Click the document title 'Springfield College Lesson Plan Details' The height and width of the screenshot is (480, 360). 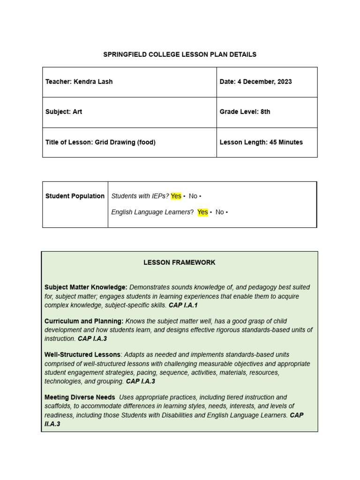(180, 54)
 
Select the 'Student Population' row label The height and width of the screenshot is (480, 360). (75, 196)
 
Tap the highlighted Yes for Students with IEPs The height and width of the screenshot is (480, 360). (176, 196)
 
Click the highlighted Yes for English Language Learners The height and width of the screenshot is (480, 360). (202, 212)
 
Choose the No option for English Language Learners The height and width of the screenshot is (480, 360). (219, 212)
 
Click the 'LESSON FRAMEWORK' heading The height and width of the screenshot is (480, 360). (180, 262)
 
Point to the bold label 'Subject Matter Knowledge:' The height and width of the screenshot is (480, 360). (86, 287)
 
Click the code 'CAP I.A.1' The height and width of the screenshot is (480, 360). (183, 305)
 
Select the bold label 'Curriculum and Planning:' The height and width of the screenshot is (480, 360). (84, 321)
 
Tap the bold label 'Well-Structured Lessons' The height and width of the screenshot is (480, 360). (82, 355)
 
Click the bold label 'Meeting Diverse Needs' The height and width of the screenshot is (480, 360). (80, 397)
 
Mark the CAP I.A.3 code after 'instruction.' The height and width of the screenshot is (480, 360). (92, 339)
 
